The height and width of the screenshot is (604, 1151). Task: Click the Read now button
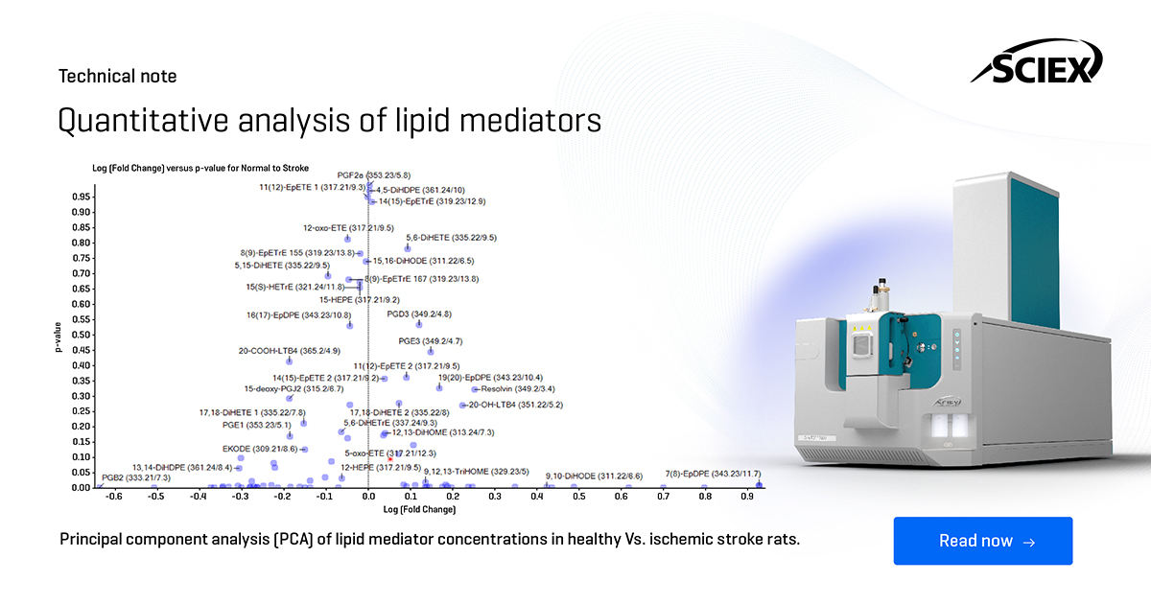pyautogui.click(x=982, y=541)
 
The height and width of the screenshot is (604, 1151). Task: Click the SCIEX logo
pyautogui.click(x=1037, y=68)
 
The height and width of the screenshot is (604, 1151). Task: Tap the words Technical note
pyautogui.click(x=118, y=77)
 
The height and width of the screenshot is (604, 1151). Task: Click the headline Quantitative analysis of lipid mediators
pyautogui.click(x=330, y=121)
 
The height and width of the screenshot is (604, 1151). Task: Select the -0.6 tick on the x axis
pyautogui.click(x=113, y=498)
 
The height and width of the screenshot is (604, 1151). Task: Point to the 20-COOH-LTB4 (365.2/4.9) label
pyautogui.click(x=280, y=351)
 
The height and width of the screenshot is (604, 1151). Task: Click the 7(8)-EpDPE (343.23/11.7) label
pyautogui.click(x=713, y=474)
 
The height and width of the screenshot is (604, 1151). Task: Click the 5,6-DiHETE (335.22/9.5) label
pyautogui.click(x=451, y=237)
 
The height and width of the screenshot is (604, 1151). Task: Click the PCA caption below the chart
pyautogui.click(x=430, y=540)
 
